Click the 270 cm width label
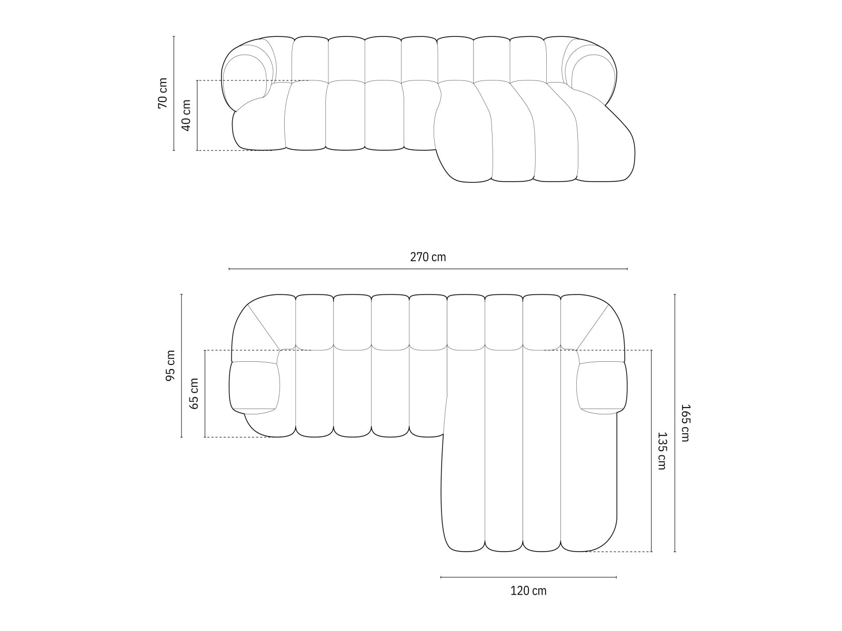(x=427, y=257)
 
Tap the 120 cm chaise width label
(x=528, y=591)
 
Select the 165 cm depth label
(x=684, y=423)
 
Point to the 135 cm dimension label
(x=661, y=451)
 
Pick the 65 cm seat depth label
(x=194, y=393)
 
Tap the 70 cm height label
(x=163, y=93)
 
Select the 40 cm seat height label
(x=186, y=115)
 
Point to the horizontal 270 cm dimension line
(x=427, y=269)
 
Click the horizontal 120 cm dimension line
(x=528, y=577)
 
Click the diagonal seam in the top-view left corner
(x=263, y=327)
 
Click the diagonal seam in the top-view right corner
(x=593, y=327)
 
